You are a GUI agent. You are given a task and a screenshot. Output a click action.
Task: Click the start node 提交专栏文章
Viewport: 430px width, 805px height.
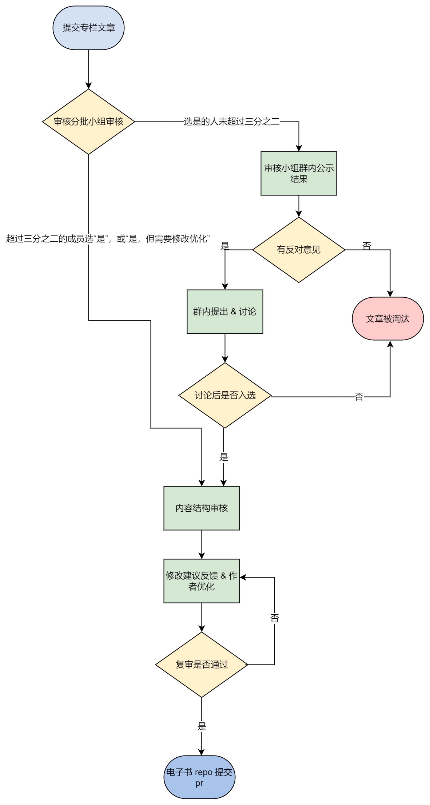coord(88,28)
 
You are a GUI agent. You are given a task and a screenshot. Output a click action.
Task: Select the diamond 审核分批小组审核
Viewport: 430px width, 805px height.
coord(88,122)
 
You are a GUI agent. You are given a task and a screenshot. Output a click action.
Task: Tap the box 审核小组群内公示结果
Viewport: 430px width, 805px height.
coord(299,173)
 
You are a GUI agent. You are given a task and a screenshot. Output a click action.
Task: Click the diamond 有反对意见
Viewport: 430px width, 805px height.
coord(299,250)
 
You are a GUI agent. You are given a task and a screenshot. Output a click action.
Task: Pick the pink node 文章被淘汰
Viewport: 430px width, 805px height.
coord(388,319)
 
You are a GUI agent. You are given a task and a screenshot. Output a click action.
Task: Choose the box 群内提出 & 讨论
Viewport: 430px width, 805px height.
coord(225,312)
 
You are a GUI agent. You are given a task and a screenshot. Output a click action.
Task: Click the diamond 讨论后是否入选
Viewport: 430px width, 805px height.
coord(225,395)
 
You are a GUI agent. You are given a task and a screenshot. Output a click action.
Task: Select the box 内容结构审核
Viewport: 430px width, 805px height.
coord(202,508)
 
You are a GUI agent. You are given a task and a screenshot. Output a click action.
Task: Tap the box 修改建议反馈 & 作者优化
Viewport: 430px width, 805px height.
coord(202,581)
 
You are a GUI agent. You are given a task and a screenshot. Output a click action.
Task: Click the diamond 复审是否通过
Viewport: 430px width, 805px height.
coord(202,665)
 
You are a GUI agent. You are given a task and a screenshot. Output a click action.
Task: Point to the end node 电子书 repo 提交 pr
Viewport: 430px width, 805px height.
coord(199,777)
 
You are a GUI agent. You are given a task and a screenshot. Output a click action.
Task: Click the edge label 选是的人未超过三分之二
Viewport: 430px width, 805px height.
coord(232,122)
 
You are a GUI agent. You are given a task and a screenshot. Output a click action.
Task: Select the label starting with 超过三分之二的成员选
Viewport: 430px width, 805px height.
coord(108,239)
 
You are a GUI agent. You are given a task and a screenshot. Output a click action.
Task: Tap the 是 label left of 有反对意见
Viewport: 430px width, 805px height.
coord(225,246)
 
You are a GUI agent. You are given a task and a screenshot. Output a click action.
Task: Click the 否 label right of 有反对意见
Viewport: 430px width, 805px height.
coord(367,246)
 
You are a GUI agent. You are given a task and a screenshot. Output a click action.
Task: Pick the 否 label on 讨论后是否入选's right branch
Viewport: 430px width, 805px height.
coord(359,397)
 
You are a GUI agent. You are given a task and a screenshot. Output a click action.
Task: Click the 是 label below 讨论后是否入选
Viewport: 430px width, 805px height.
coord(224,457)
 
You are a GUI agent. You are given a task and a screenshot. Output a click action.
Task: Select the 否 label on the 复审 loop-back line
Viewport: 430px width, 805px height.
coord(275,618)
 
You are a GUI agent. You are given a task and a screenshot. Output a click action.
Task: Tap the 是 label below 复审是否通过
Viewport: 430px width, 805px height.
coord(202,726)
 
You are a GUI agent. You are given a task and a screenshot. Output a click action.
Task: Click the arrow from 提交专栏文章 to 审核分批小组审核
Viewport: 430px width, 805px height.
coord(88,69)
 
